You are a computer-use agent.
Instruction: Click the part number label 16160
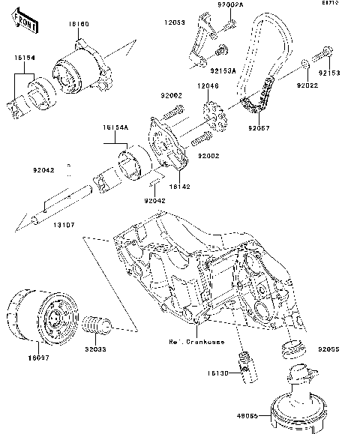[x=79, y=25]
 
